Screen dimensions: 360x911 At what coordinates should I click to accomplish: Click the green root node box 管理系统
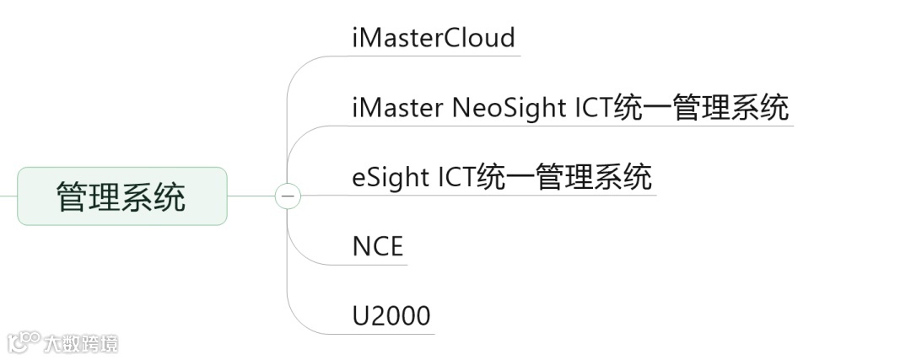click(122, 196)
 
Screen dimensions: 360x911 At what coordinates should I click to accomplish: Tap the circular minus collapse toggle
click(288, 196)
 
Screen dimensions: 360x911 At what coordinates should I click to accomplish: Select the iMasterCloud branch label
click(434, 38)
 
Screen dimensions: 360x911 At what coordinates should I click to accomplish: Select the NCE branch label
click(378, 247)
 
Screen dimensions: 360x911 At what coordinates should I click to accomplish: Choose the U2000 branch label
click(391, 316)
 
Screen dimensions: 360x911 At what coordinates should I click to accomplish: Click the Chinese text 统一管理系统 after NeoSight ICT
click(707, 108)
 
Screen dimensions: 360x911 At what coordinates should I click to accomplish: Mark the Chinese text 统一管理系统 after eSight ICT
click(569, 178)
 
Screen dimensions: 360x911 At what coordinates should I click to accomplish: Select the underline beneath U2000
click(392, 334)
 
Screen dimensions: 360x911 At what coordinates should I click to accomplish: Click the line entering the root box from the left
click(8, 196)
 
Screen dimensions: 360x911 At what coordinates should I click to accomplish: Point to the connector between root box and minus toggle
click(251, 196)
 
